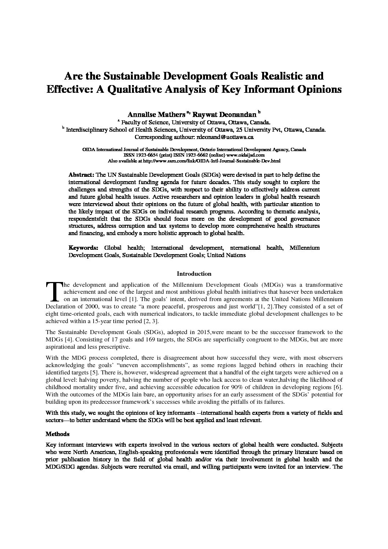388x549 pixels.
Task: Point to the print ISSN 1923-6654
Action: (x=146, y=155)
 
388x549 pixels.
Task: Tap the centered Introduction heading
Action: (x=194, y=274)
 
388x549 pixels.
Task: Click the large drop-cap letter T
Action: (x=54, y=292)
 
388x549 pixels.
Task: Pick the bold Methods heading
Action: (x=57, y=434)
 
